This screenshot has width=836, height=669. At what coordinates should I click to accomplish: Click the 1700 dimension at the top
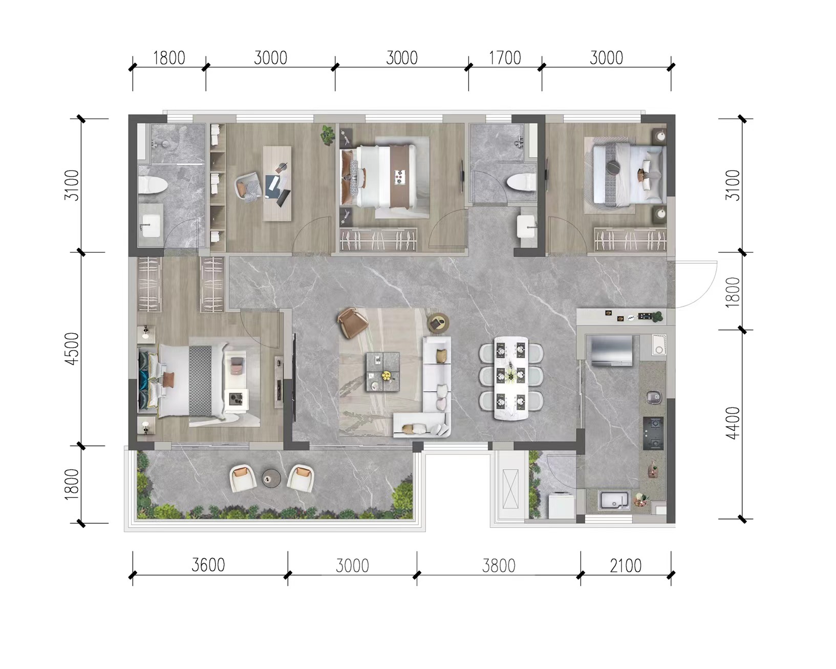point(505,58)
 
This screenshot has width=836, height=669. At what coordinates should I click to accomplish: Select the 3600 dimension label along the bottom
point(208,565)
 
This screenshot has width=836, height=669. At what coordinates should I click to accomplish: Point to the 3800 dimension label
point(499,566)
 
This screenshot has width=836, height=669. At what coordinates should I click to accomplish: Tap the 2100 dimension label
point(626,566)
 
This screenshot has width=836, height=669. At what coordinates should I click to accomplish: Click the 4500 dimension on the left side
point(72,349)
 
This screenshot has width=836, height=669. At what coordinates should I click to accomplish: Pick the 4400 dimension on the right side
point(733,423)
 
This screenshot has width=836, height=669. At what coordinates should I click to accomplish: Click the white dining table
point(511,378)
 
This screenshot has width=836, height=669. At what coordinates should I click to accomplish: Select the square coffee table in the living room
point(382,372)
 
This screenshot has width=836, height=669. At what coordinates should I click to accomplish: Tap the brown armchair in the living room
point(352,322)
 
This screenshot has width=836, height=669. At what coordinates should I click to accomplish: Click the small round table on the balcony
point(271,478)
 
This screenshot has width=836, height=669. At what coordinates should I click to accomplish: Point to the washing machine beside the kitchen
point(562,505)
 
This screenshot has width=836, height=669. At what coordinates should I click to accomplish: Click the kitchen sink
point(614,500)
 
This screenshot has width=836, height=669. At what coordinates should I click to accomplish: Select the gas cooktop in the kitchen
point(653,433)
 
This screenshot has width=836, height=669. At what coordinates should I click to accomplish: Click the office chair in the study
point(249,187)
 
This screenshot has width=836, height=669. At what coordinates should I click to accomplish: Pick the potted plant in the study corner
point(328,135)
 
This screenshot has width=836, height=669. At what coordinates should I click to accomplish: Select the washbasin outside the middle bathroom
point(526,226)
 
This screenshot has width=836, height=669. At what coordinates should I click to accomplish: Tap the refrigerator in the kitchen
point(611,351)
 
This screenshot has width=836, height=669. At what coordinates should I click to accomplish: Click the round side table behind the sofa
point(438,323)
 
